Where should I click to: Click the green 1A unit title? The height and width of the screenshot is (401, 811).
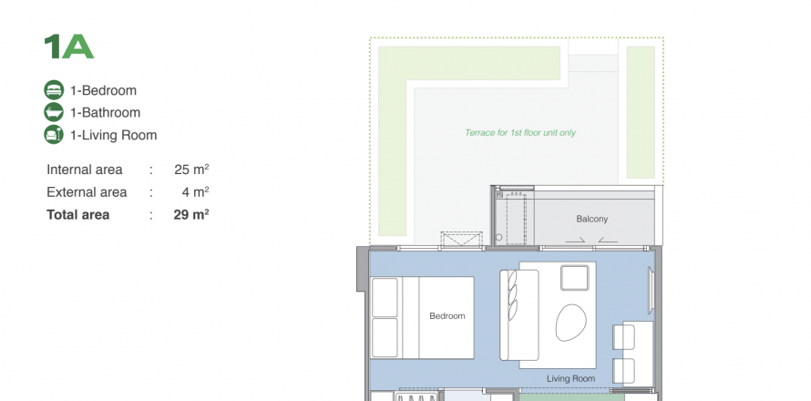pos(68,46)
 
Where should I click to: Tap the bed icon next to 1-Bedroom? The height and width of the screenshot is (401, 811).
pos(54,90)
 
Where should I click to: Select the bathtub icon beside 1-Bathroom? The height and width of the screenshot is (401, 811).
pos(54,112)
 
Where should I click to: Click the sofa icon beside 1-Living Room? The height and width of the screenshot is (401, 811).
pos(54,135)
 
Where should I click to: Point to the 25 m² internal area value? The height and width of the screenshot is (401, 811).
pos(191,170)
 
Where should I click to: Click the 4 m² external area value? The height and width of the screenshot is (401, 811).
pos(195,192)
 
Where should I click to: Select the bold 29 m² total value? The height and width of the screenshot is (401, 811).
pos(191,215)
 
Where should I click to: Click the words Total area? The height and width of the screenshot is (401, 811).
pos(78,215)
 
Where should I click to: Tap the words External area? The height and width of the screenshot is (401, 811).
pos(87,192)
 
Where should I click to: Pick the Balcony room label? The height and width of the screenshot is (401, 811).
pos(592,219)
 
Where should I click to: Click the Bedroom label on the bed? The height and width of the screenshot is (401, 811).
pos(447,315)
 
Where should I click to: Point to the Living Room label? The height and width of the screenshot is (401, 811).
pos(571,379)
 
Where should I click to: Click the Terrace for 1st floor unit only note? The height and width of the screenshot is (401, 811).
pos(520,132)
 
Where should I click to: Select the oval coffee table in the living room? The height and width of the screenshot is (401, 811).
pos(571,323)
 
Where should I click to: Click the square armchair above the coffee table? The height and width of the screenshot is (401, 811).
pos(575,278)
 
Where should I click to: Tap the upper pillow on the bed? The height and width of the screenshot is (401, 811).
pos(385,297)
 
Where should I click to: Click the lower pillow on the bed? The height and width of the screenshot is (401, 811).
pos(385,338)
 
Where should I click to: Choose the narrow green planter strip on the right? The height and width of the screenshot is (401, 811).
pos(641,112)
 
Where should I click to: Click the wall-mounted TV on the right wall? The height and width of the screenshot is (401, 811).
pos(652,291)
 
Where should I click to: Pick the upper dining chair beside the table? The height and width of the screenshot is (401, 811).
pos(623,337)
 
